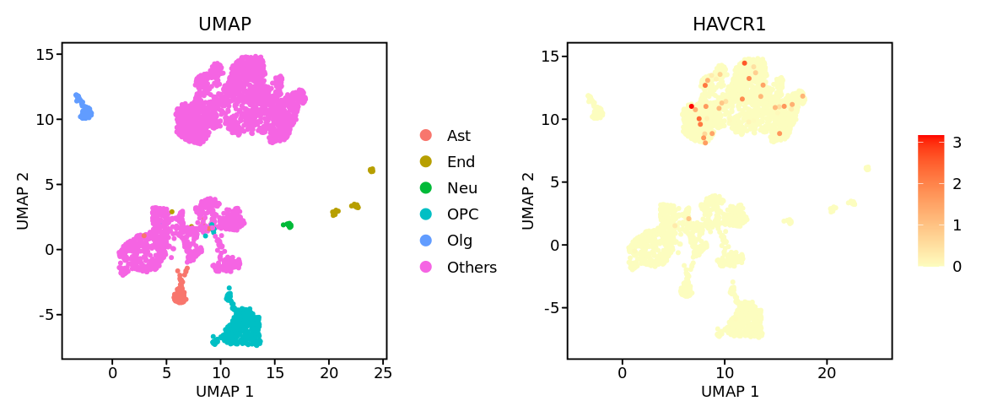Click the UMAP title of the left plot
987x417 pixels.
[x=224, y=24]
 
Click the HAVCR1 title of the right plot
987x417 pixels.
[x=729, y=24]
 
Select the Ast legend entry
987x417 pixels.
[x=459, y=136]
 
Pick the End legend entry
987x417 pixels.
[x=461, y=162]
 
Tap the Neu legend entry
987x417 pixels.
[x=461, y=188]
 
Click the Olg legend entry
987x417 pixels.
[x=460, y=241]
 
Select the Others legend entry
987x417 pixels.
[x=472, y=268]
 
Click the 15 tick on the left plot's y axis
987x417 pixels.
[x=44, y=54]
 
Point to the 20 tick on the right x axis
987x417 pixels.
[x=827, y=372]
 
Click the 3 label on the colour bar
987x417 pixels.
[x=957, y=143]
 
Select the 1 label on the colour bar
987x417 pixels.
[x=957, y=225]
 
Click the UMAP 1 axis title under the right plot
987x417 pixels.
[x=730, y=392]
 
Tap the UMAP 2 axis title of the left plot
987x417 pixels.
[x=23, y=201]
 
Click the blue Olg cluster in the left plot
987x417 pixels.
[x=84, y=109]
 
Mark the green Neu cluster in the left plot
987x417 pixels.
[x=288, y=225]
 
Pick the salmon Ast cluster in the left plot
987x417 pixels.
[x=179, y=295]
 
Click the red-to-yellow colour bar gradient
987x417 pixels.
[x=931, y=201]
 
